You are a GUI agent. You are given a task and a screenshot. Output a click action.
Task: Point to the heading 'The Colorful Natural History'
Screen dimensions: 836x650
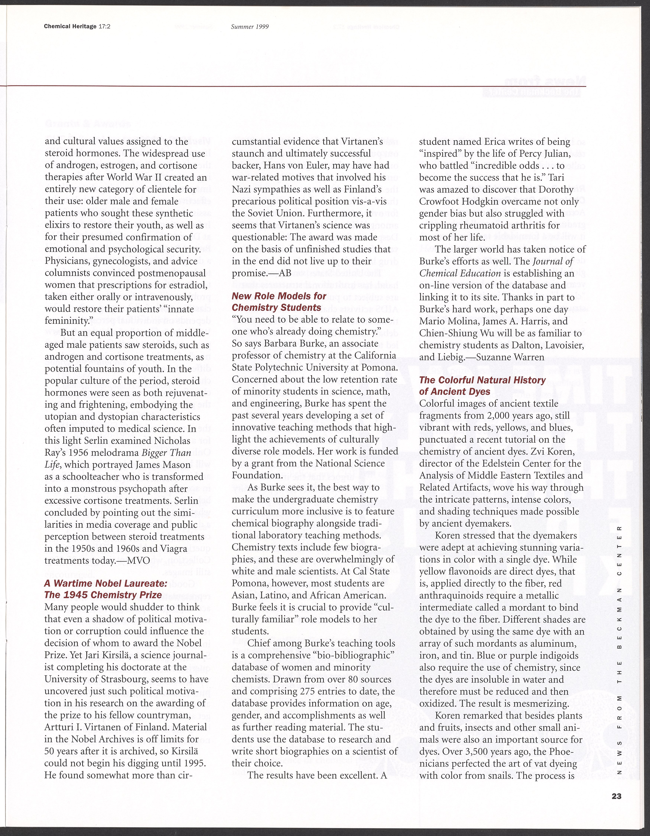click(x=482, y=380)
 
